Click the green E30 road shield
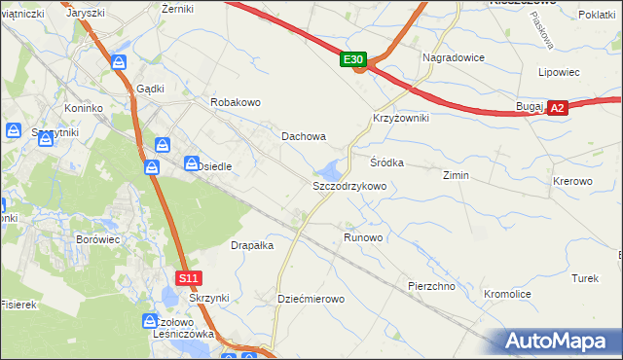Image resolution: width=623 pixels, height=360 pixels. (x=353, y=60)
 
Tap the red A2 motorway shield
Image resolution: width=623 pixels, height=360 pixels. (x=557, y=109)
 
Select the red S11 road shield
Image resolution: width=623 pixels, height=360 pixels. (x=190, y=278)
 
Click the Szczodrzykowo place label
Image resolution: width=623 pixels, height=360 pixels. (x=349, y=185)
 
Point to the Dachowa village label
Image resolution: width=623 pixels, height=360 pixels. (x=304, y=137)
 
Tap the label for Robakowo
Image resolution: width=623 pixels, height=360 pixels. (x=236, y=101)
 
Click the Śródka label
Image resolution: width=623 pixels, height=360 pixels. (x=386, y=162)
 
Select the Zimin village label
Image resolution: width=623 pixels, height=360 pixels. (x=456, y=176)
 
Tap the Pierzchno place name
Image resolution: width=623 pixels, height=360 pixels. (x=432, y=287)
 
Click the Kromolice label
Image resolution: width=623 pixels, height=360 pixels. (x=507, y=293)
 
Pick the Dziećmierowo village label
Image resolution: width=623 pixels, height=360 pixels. (x=311, y=299)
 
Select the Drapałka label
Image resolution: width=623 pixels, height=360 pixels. (x=252, y=246)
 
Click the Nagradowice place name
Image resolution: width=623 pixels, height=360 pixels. (x=454, y=57)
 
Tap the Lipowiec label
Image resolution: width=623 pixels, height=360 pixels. (x=559, y=72)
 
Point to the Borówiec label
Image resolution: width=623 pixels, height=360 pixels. (x=97, y=238)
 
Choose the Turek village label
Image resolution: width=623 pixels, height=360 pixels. (x=585, y=278)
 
